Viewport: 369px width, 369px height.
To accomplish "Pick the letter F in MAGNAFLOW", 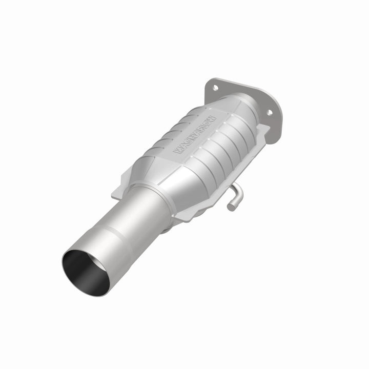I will click(200, 131).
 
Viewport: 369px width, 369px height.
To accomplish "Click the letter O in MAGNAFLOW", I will click(208, 123).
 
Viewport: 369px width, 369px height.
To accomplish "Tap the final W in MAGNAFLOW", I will click(213, 119).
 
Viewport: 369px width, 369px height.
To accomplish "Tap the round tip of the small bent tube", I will click(230, 207).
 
